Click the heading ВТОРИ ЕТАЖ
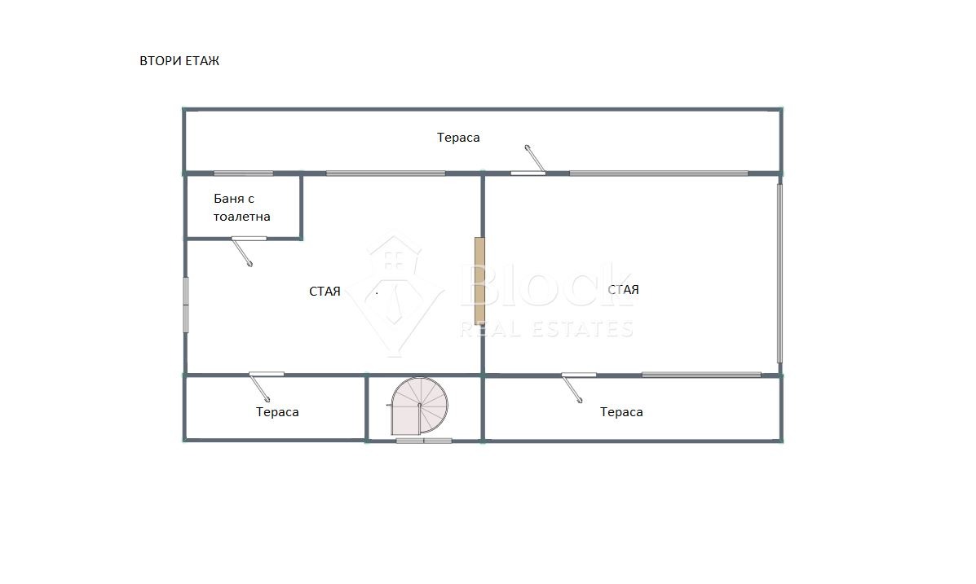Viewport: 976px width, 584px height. tap(179, 61)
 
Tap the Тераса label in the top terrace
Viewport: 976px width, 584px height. tap(458, 138)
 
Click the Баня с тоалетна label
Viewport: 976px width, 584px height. tap(241, 208)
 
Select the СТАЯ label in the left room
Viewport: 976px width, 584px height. tap(325, 291)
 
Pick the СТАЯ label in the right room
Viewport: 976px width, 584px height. tap(623, 289)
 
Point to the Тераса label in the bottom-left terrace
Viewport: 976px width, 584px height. tap(277, 411)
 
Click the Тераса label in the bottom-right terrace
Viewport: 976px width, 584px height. tap(621, 411)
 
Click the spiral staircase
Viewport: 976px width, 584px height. tap(419, 406)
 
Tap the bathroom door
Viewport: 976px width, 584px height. tap(242, 251)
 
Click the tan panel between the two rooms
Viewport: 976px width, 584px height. tap(479, 280)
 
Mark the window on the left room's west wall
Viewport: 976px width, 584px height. tap(185, 305)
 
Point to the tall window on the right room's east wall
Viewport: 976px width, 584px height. tap(779, 273)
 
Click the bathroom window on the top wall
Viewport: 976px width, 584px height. tap(243, 173)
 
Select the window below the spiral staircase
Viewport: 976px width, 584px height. tap(424, 441)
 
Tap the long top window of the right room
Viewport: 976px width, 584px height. tap(659, 173)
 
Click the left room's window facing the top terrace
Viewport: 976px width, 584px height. tap(386, 173)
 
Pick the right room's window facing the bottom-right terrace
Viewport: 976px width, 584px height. tap(701, 375)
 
